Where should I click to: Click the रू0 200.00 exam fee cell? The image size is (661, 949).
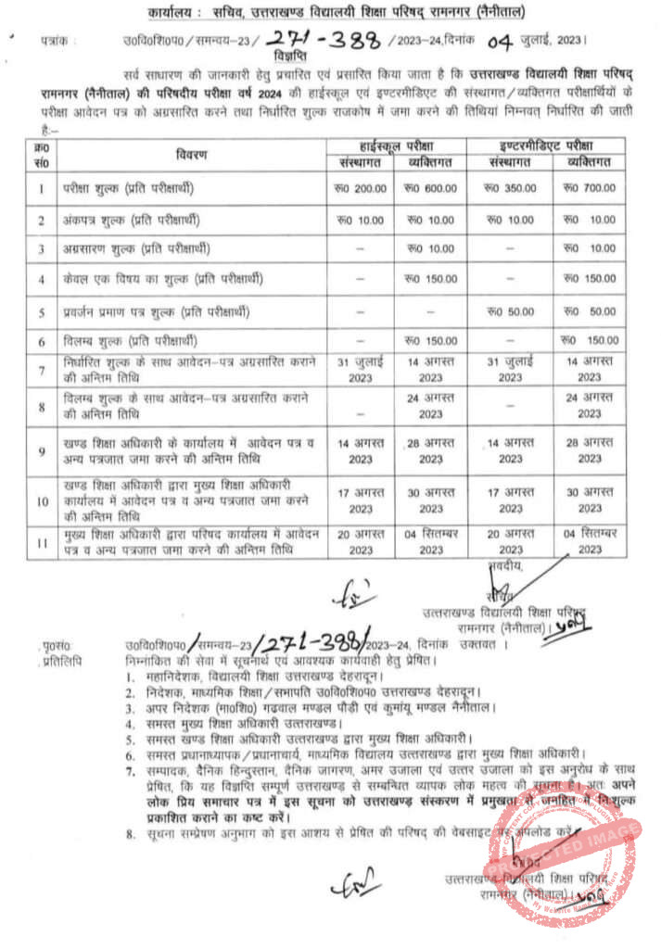[x=360, y=188]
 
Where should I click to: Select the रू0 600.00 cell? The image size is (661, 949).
[x=430, y=188]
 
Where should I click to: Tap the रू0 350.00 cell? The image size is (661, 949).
[x=510, y=188]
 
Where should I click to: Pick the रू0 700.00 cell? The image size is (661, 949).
[x=590, y=188]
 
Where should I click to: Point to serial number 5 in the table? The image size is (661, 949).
[x=42, y=311]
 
